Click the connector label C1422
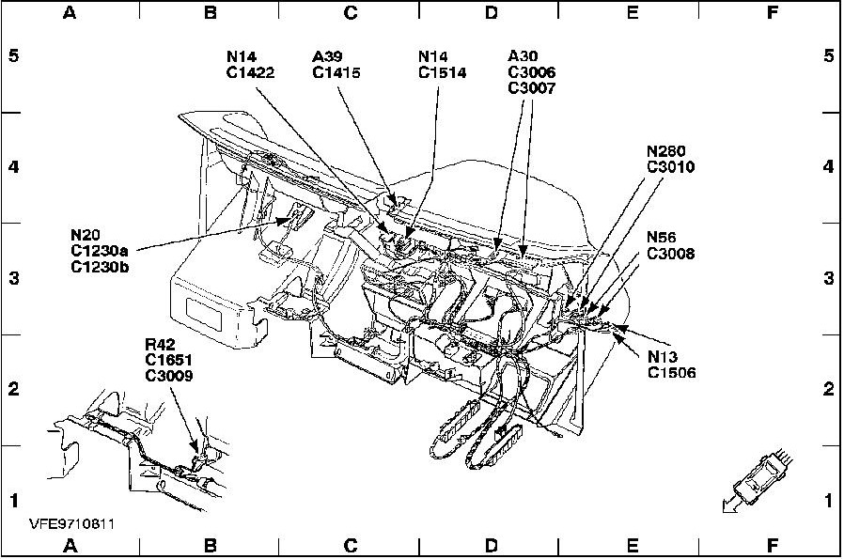pos(250,72)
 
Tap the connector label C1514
pos(442,72)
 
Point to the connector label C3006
pos(531,72)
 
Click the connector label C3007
pos(531,88)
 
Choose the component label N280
pos(665,150)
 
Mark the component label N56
pos(663,238)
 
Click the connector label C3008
pos(670,254)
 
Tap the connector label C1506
pos(670,373)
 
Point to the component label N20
pos(86,234)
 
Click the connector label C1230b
pos(99,266)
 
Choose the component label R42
pos(161,343)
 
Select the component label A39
pos(329,56)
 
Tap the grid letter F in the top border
pos(773,12)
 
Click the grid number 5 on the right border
pos(829,55)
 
